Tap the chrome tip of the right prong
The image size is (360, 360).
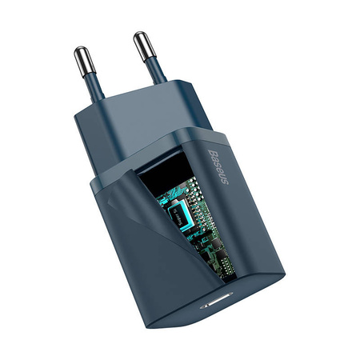(142, 42)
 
